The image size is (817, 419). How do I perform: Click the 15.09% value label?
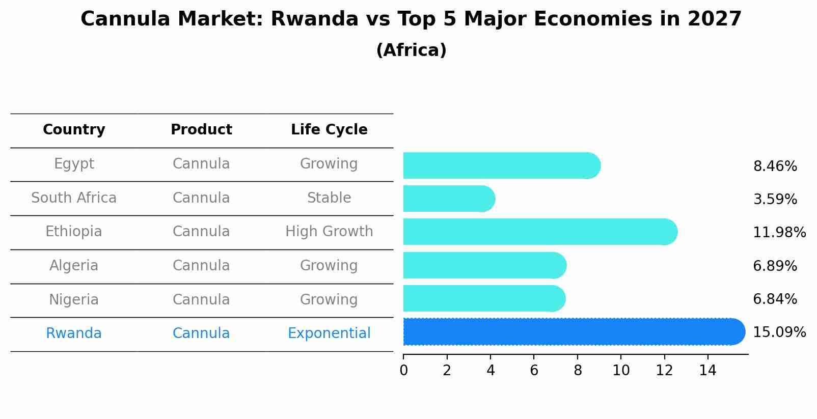click(779, 332)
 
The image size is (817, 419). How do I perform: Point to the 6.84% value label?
click(774, 299)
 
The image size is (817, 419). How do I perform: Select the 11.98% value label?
click(779, 233)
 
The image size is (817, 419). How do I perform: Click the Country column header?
click(74, 130)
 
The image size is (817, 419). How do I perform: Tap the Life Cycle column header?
click(329, 130)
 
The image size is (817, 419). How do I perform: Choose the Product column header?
click(201, 130)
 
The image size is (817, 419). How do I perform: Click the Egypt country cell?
click(74, 164)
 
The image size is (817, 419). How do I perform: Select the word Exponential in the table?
click(329, 333)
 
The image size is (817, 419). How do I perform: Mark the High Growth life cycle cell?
click(329, 232)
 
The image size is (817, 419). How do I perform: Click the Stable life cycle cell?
click(329, 198)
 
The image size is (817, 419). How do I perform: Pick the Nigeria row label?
click(74, 300)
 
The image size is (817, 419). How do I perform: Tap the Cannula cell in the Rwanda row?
click(201, 333)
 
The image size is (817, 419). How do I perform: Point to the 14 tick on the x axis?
click(707, 371)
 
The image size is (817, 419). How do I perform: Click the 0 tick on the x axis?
click(403, 371)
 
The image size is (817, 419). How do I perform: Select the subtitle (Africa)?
click(411, 50)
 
